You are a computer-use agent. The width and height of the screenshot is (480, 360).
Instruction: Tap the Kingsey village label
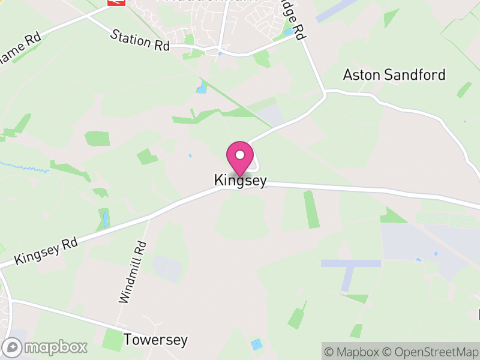point(240,181)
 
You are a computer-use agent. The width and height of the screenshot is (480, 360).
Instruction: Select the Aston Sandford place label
point(394,75)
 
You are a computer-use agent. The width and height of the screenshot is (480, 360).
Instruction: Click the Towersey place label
point(155,340)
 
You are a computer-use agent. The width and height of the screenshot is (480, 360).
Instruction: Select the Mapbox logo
point(46,347)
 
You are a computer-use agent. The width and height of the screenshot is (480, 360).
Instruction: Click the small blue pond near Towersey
point(256,344)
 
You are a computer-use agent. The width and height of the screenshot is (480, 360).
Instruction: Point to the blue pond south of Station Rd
point(200,89)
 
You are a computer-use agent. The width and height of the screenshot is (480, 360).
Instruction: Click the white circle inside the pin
point(240,155)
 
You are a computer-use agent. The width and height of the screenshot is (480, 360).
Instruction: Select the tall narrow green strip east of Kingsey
point(311,209)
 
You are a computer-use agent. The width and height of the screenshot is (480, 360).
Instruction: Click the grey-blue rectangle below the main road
point(351,263)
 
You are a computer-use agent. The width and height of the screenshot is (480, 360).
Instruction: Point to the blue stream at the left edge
point(24,169)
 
